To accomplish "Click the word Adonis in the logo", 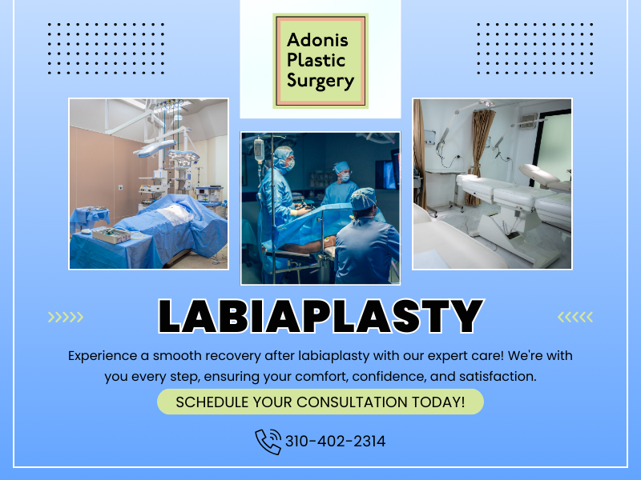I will click(x=320, y=39).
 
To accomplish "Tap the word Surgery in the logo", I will click(x=320, y=80).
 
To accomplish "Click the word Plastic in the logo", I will click(x=316, y=60).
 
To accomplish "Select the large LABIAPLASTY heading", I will click(x=320, y=317).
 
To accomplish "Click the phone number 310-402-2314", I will click(x=335, y=441).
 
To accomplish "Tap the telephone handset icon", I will click(x=268, y=442).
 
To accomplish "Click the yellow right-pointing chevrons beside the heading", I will click(x=65, y=318).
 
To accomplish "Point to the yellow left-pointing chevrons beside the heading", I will click(x=575, y=318).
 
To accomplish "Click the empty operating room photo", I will click(x=148, y=184).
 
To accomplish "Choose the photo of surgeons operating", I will click(x=320, y=208).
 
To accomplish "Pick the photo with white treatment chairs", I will click(x=492, y=184).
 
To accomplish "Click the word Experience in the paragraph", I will click(x=104, y=355).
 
